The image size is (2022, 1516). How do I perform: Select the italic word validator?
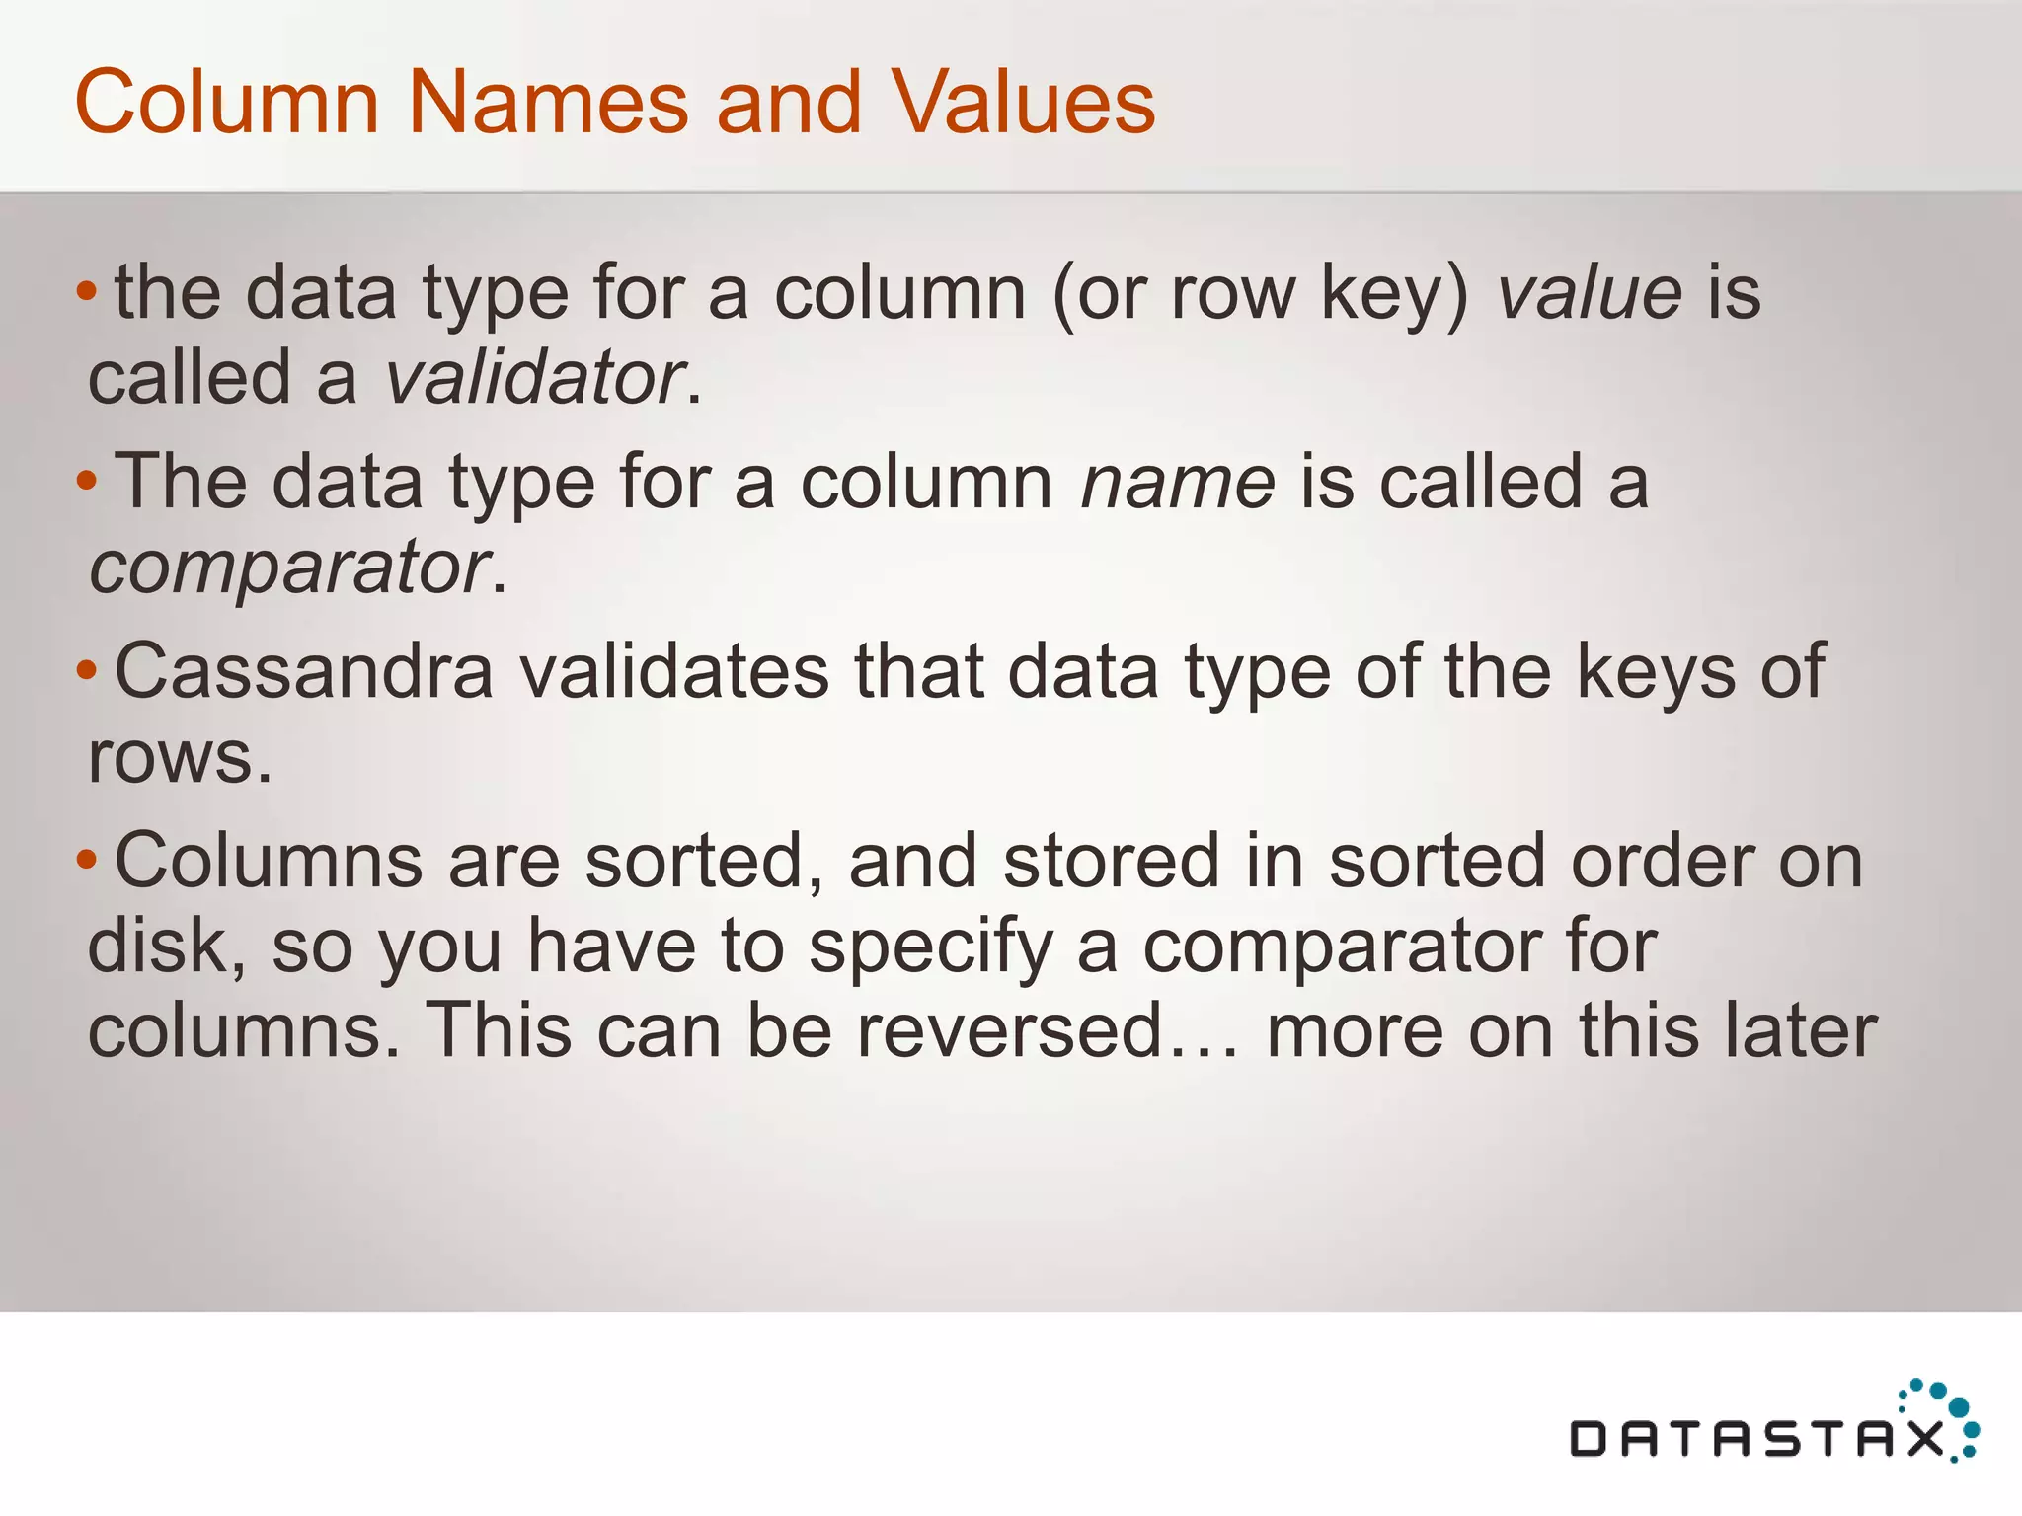coord(534,378)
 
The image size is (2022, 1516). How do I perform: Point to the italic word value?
coord(1590,293)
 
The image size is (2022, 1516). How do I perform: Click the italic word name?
coord(1178,483)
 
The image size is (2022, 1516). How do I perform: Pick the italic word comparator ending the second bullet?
coord(289,568)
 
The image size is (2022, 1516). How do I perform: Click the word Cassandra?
coord(304,672)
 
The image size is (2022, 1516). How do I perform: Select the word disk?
coord(165,946)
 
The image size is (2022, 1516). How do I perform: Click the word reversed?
coord(1009,1030)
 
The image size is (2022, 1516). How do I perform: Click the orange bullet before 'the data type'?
coord(87,291)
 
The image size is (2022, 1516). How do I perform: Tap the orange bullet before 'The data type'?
coord(87,481)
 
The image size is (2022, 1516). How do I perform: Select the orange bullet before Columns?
coord(87,860)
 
